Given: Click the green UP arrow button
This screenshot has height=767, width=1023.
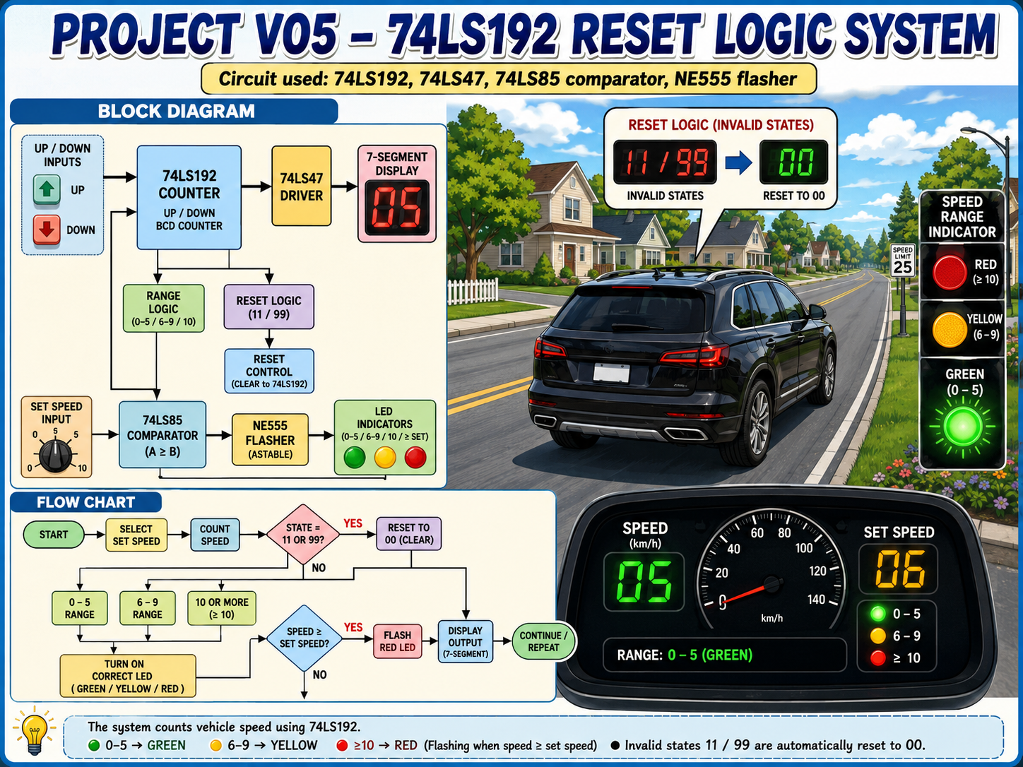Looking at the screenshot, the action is (47, 189).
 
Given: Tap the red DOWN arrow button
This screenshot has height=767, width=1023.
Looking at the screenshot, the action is (47, 230).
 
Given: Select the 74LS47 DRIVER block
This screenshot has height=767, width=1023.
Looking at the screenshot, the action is (302, 186).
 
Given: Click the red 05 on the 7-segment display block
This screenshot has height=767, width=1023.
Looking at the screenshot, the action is (397, 207).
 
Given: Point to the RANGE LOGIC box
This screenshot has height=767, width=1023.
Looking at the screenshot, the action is (164, 309).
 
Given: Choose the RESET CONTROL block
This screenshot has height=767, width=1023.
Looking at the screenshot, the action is (269, 371).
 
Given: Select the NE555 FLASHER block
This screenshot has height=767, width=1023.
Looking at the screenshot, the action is (271, 439).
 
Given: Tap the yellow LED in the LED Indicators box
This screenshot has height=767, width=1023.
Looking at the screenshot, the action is (385, 458).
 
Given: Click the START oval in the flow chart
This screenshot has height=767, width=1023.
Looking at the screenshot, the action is (54, 534).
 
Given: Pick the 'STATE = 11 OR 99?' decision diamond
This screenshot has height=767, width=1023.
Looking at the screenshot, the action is (303, 534).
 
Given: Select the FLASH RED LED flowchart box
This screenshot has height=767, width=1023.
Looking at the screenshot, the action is (398, 641).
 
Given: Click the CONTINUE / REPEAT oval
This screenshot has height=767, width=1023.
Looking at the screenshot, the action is (543, 641).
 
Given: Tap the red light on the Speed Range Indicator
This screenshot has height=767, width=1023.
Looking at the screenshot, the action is (950, 272).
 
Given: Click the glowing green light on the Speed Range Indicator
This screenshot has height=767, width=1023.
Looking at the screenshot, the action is (962, 426).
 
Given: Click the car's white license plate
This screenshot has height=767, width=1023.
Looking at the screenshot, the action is (612, 374).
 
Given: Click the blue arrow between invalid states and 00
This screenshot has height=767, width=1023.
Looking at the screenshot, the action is (739, 162).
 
